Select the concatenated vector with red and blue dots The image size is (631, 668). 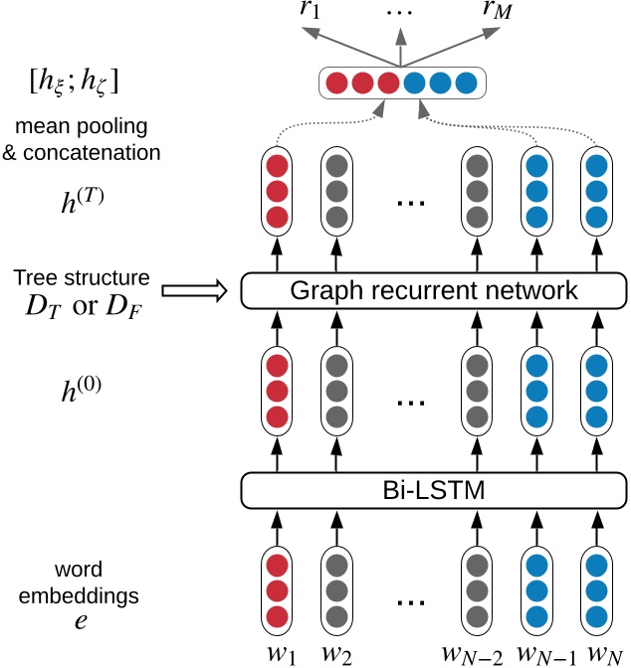point(401,82)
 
